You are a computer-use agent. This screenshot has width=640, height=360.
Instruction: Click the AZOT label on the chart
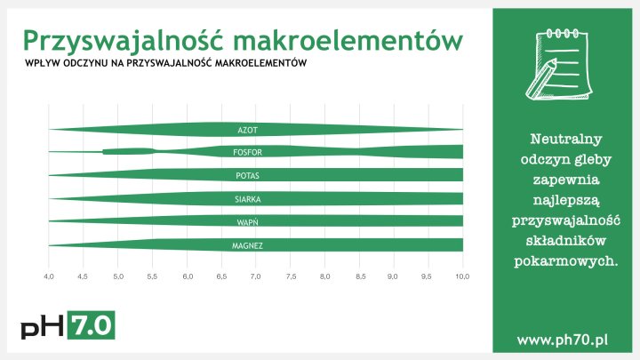coord(247,130)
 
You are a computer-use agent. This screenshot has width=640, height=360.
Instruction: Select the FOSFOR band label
coord(247,153)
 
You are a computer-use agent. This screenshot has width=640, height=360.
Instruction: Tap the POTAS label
coord(247,176)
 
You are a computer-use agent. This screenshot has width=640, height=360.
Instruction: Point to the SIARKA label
coord(247,199)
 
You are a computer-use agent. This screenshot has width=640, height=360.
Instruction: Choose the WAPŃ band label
coord(247,221)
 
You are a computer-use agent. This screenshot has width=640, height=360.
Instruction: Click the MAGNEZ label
coord(247,244)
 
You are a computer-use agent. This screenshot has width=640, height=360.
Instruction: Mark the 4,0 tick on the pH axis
coord(49,277)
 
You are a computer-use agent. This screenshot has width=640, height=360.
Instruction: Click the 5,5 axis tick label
coord(152,277)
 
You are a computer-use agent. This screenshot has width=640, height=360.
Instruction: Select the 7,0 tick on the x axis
coord(256,277)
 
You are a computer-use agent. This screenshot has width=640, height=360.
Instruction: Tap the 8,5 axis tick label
coord(359,277)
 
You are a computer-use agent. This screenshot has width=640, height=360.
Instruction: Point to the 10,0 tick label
coord(462,277)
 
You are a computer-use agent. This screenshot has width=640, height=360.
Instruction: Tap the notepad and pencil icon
coord(561,63)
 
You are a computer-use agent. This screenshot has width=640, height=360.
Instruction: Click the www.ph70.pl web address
coord(561,340)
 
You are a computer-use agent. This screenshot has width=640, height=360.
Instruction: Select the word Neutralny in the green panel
coord(567,140)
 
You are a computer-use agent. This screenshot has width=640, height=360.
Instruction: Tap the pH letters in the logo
coord(43,326)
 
